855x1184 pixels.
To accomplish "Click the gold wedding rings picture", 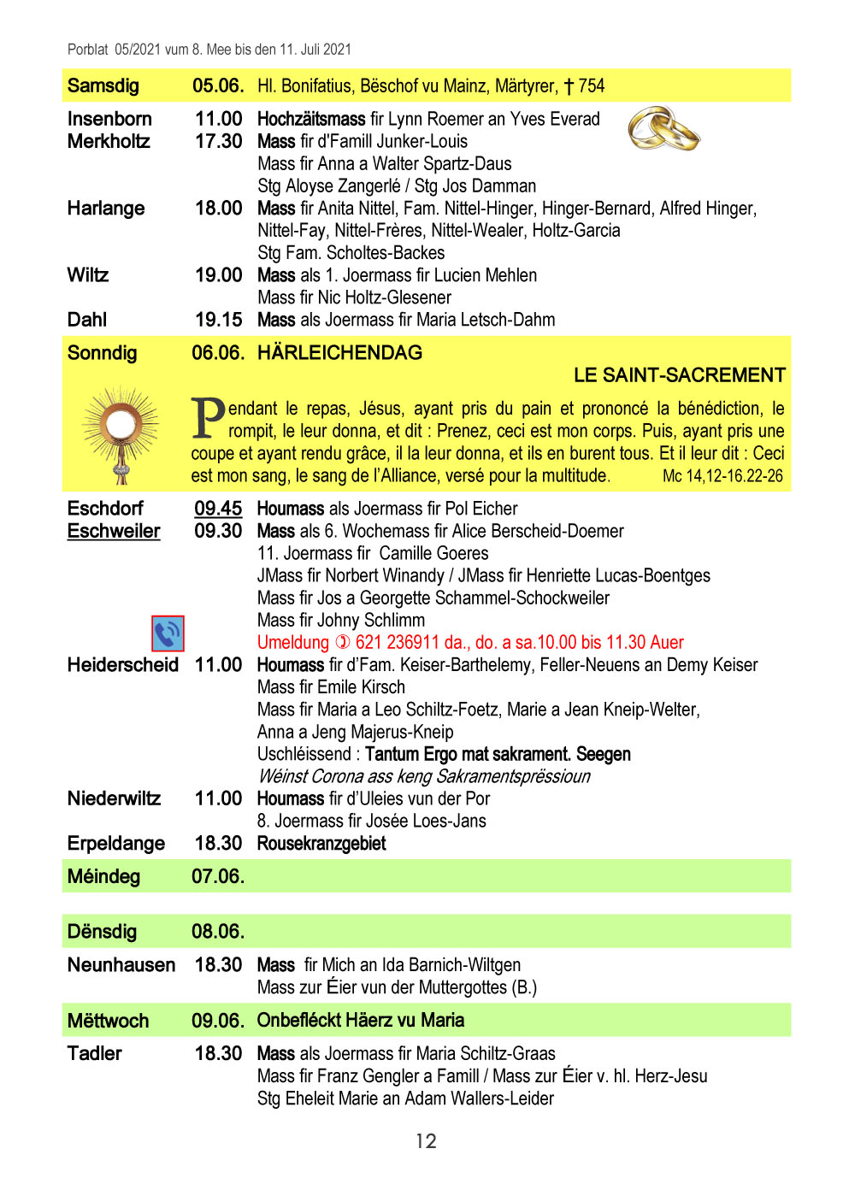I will (663, 129).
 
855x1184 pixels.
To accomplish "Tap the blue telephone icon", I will (168, 633).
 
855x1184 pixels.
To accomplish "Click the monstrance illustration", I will (121, 433).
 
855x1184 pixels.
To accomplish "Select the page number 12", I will (426, 1141).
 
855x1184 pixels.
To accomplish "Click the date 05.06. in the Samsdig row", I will (218, 85).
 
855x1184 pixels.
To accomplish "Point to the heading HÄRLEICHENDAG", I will (339, 353).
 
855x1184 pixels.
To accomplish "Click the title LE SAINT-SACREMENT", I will (679, 375).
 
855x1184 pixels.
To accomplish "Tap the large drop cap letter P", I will (208, 418).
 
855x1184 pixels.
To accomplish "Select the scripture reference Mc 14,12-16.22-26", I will (722, 476).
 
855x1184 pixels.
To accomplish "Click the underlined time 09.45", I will (218, 509).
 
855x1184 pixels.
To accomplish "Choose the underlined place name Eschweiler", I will (114, 531).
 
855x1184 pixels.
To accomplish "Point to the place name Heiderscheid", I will (123, 665).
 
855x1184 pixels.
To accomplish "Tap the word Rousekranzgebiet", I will (321, 844).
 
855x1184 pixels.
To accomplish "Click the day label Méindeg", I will (103, 876).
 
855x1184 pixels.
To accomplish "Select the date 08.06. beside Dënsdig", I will (218, 931).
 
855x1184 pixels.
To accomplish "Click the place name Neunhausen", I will (121, 965).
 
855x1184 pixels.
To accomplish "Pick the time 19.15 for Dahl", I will (219, 320).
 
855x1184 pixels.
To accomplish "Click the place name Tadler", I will (95, 1053).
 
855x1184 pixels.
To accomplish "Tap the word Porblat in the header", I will (88, 50).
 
